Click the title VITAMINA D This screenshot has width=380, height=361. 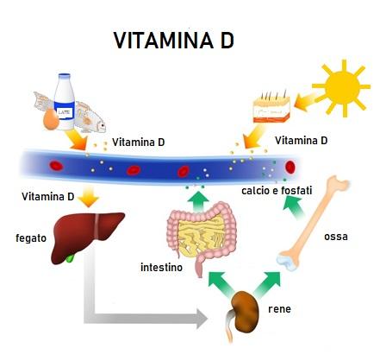pyautogui.click(x=174, y=41)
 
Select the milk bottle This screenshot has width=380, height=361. pyautogui.click(x=65, y=101)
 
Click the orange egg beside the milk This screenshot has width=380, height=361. pyautogui.click(x=51, y=120)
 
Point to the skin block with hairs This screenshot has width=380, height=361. pyautogui.click(x=271, y=107)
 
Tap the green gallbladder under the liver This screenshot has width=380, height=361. pyautogui.click(x=70, y=257)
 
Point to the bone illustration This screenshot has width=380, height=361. pyautogui.click(x=313, y=223)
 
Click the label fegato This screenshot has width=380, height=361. pyautogui.click(x=31, y=238)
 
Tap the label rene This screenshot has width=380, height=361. pyautogui.click(x=279, y=309)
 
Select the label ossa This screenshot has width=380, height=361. pyautogui.click(x=336, y=237)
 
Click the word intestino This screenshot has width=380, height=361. pyautogui.click(x=161, y=268)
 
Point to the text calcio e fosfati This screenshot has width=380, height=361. pyautogui.click(x=277, y=191)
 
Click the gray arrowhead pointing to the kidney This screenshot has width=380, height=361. pyautogui.click(x=202, y=319)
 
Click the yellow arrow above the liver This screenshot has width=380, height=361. pyautogui.click(x=89, y=196)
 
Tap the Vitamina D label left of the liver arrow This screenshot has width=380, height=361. pyautogui.click(x=48, y=197)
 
